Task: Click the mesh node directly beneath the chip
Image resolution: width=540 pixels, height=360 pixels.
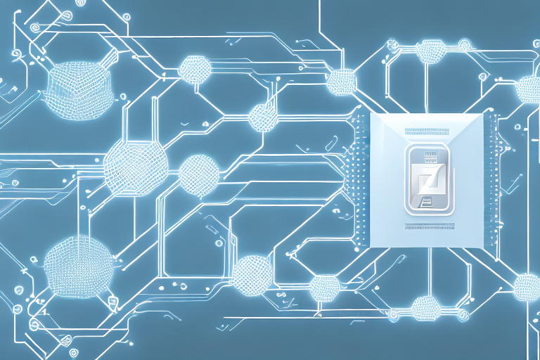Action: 424,307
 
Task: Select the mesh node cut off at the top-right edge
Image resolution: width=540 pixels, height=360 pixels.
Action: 529,89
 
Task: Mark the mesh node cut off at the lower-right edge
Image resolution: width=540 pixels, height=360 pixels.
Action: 527,286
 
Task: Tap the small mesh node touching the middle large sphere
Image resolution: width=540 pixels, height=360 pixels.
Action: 198,174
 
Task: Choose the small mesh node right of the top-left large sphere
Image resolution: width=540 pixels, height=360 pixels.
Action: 192,68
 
